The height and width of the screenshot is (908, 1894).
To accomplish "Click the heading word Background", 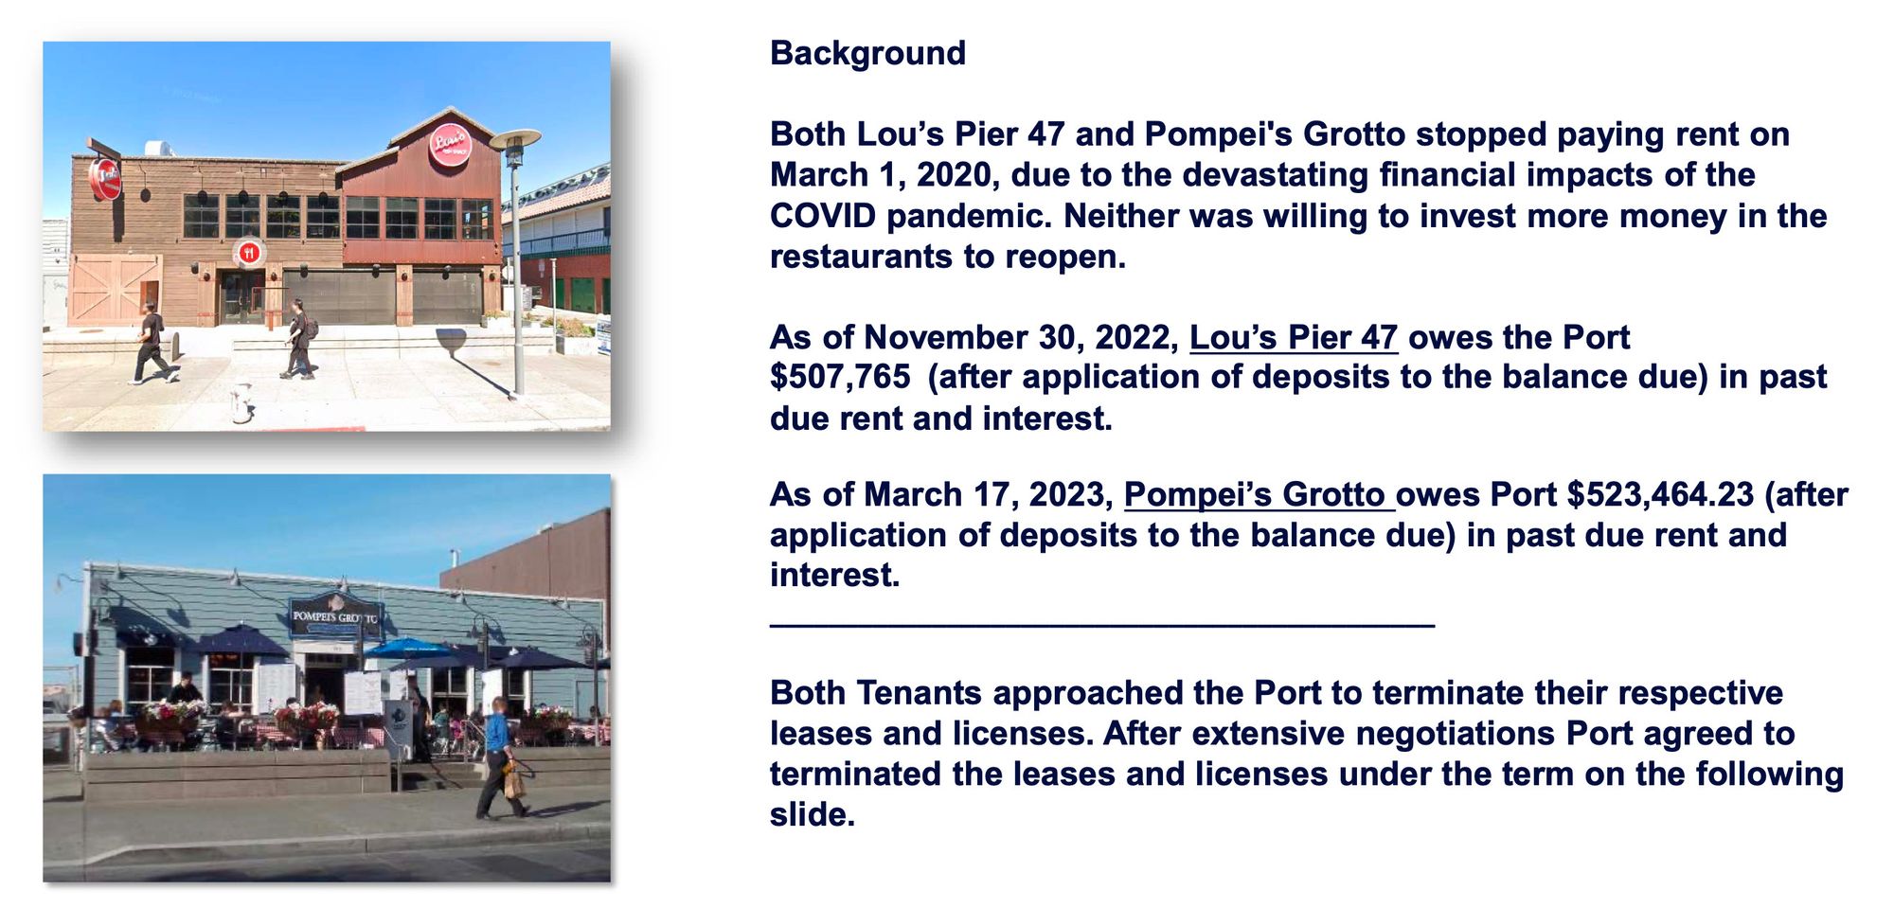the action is point(867,53).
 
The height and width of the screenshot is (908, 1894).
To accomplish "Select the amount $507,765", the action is point(840,377).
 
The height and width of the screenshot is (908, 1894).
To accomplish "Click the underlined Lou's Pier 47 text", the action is point(1293,337).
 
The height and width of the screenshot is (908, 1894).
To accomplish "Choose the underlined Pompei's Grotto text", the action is point(1259,494).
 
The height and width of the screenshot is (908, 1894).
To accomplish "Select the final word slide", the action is point(812,814).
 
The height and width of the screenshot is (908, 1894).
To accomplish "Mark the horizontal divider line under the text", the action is point(1102,625).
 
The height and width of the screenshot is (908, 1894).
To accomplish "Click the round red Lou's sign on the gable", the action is point(450,145).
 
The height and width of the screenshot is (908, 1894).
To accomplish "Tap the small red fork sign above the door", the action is point(249,253).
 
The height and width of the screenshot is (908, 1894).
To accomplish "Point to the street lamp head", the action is point(514,138).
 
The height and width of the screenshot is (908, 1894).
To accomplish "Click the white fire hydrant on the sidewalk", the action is point(242,402).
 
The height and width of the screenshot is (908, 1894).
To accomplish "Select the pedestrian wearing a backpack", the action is point(299,338).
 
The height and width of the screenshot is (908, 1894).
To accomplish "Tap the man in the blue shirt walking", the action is point(500,757).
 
